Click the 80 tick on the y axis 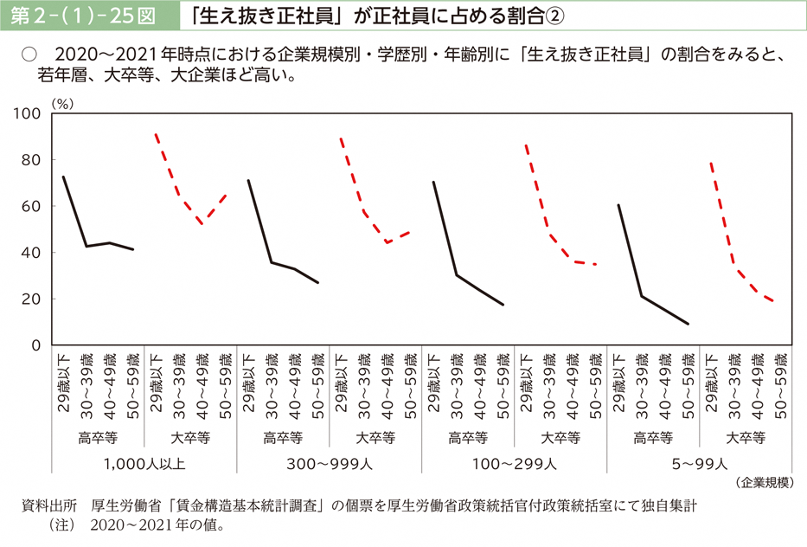[32, 160]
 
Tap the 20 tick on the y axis [32, 299]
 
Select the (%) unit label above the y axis [62, 102]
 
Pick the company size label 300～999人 [328, 463]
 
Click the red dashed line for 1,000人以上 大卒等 [178, 194]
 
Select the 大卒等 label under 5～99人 [745, 437]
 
